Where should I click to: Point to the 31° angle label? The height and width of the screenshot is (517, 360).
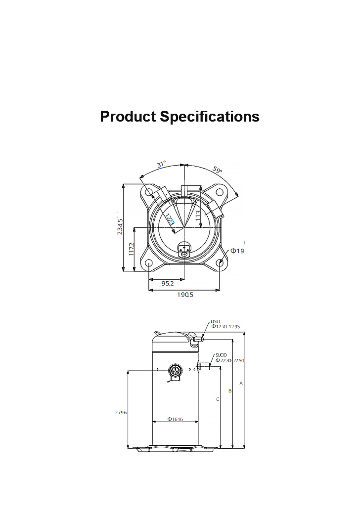[x=161, y=164]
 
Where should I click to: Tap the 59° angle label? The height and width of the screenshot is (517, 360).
[x=218, y=170]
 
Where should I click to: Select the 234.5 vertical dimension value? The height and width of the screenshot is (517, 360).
[x=120, y=226]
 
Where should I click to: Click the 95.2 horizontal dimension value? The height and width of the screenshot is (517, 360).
[x=168, y=283]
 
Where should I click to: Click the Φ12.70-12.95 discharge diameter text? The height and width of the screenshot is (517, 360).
[x=225, y=326]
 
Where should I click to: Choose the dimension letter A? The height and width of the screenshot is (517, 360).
[x=241, y=383]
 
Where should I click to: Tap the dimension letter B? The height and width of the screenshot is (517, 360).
[x=229, y=391]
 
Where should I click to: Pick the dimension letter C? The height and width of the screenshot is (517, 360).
[x=217, y=399]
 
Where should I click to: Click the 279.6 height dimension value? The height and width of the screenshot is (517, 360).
[x=121, y=412]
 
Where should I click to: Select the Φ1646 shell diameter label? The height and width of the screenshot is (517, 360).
[x=175, y=419]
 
